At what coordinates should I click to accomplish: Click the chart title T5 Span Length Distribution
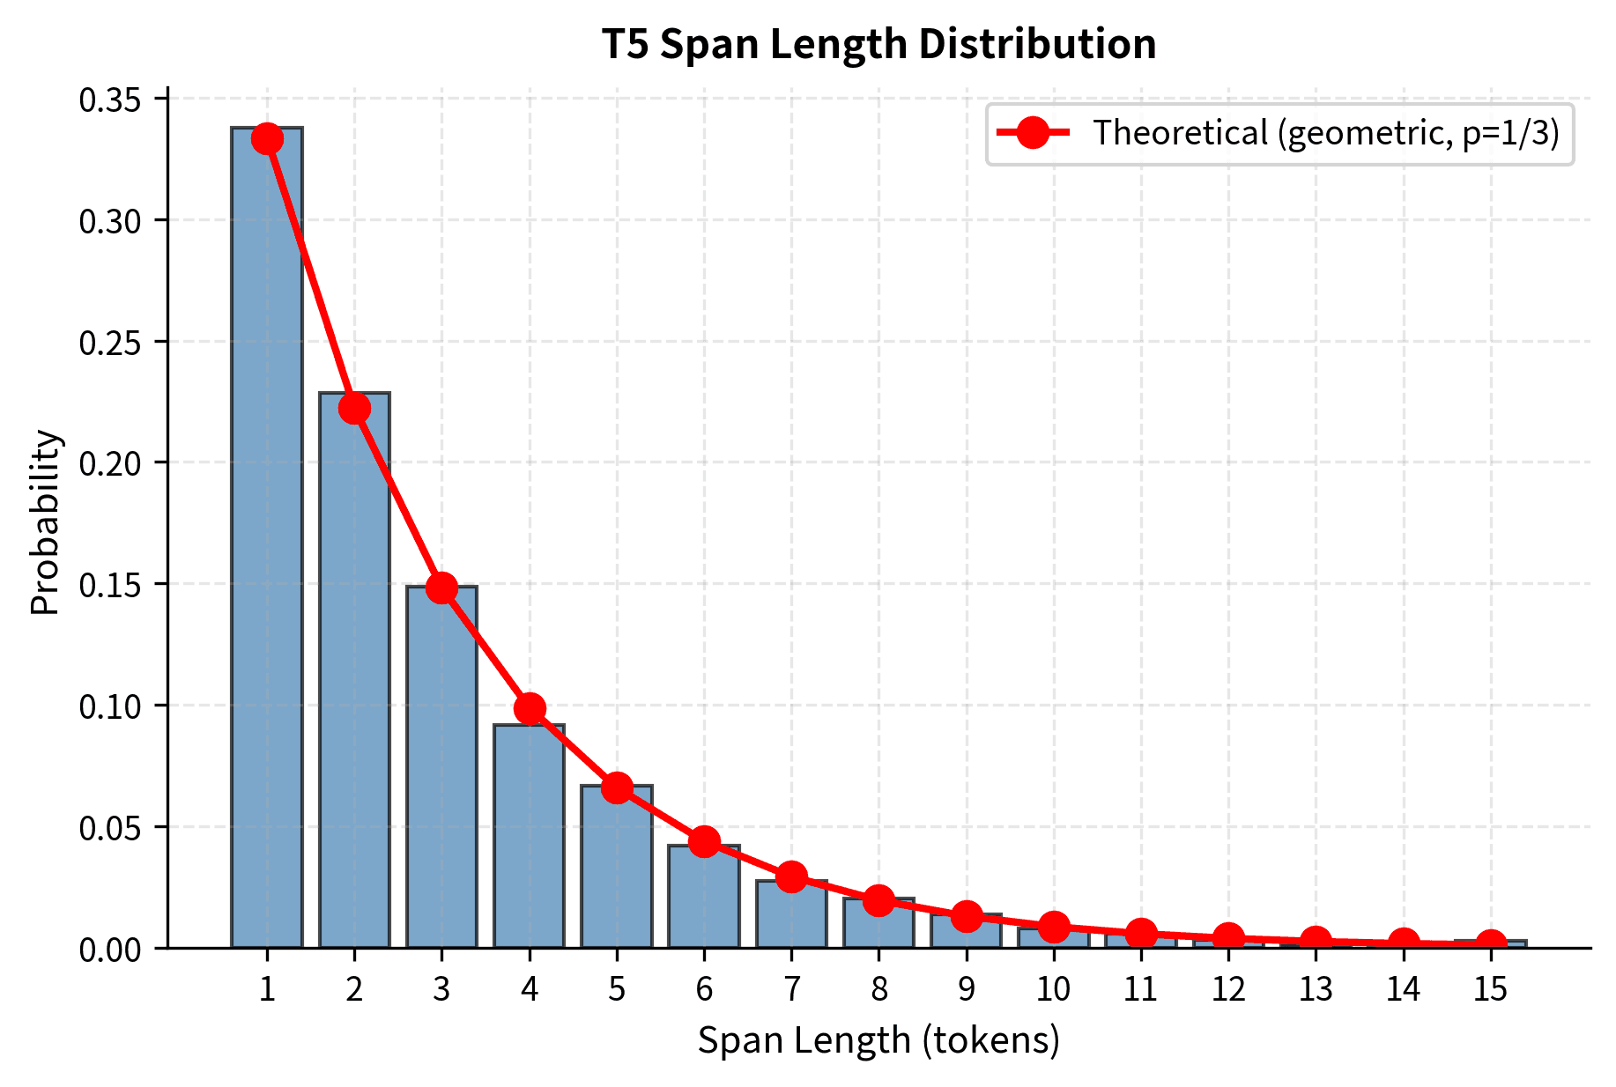tap(878, 44)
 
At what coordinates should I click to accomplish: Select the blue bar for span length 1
tap(267, 537)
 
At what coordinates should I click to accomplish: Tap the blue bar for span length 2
tap(354, 669)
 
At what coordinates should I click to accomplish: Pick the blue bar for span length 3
tap(441, 766)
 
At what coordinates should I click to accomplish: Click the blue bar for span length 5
tap(617, 868)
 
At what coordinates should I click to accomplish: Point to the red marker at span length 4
tap(530, 708)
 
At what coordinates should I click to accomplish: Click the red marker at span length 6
tap(704, 841)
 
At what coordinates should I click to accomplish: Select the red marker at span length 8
tap(878, 900)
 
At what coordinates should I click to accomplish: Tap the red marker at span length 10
tap(1054, 926)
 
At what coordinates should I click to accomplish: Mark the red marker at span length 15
tap(1490, 945)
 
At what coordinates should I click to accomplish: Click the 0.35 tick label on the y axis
tap(109, 100)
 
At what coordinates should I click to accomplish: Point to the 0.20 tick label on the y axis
tap(109, 463)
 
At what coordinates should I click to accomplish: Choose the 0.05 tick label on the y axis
tap(109, 828)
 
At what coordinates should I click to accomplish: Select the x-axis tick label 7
tap(791, 990)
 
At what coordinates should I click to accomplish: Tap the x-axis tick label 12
tap(1228, 990)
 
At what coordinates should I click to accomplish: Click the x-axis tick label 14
tap(1403, 990)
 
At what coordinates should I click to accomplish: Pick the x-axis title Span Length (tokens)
tap(878, 1040)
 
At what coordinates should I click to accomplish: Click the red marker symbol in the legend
tap(1033, 133)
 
